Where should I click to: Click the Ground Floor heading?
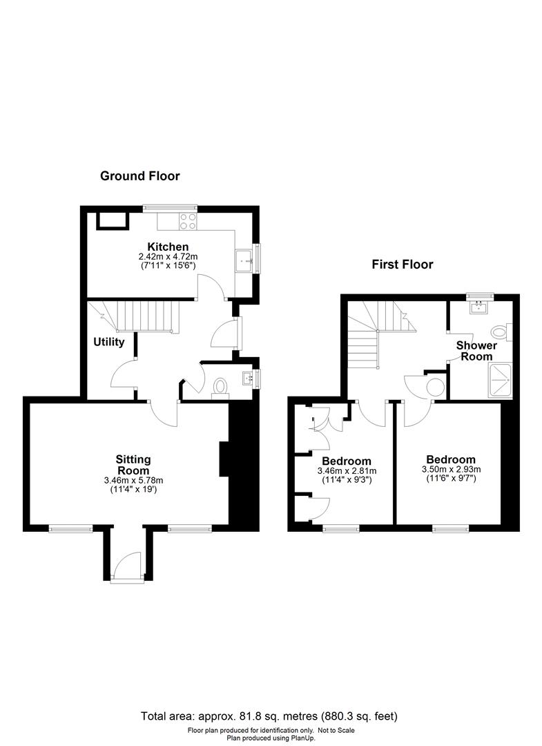point(139,176)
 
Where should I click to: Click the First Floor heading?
point(403,265)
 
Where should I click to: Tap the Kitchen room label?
point(168,247)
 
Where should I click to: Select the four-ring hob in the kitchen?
point(188,221)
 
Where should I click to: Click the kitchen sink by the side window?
point(245,260)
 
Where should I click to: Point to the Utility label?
point(109,342)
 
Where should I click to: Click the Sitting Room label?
point(133,465)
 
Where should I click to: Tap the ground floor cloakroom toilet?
point(220,386)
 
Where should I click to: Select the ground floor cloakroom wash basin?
point(248,379)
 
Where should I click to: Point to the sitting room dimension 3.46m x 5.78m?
point(133,481)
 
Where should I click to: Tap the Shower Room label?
point(476,351)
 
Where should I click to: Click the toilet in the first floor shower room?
point(501,332)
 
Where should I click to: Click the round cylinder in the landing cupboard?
point(436,386)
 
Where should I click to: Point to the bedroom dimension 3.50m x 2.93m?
point(451,470)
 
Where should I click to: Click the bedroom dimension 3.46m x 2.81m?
point(347,471)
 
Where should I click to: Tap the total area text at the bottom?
point(269,716)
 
